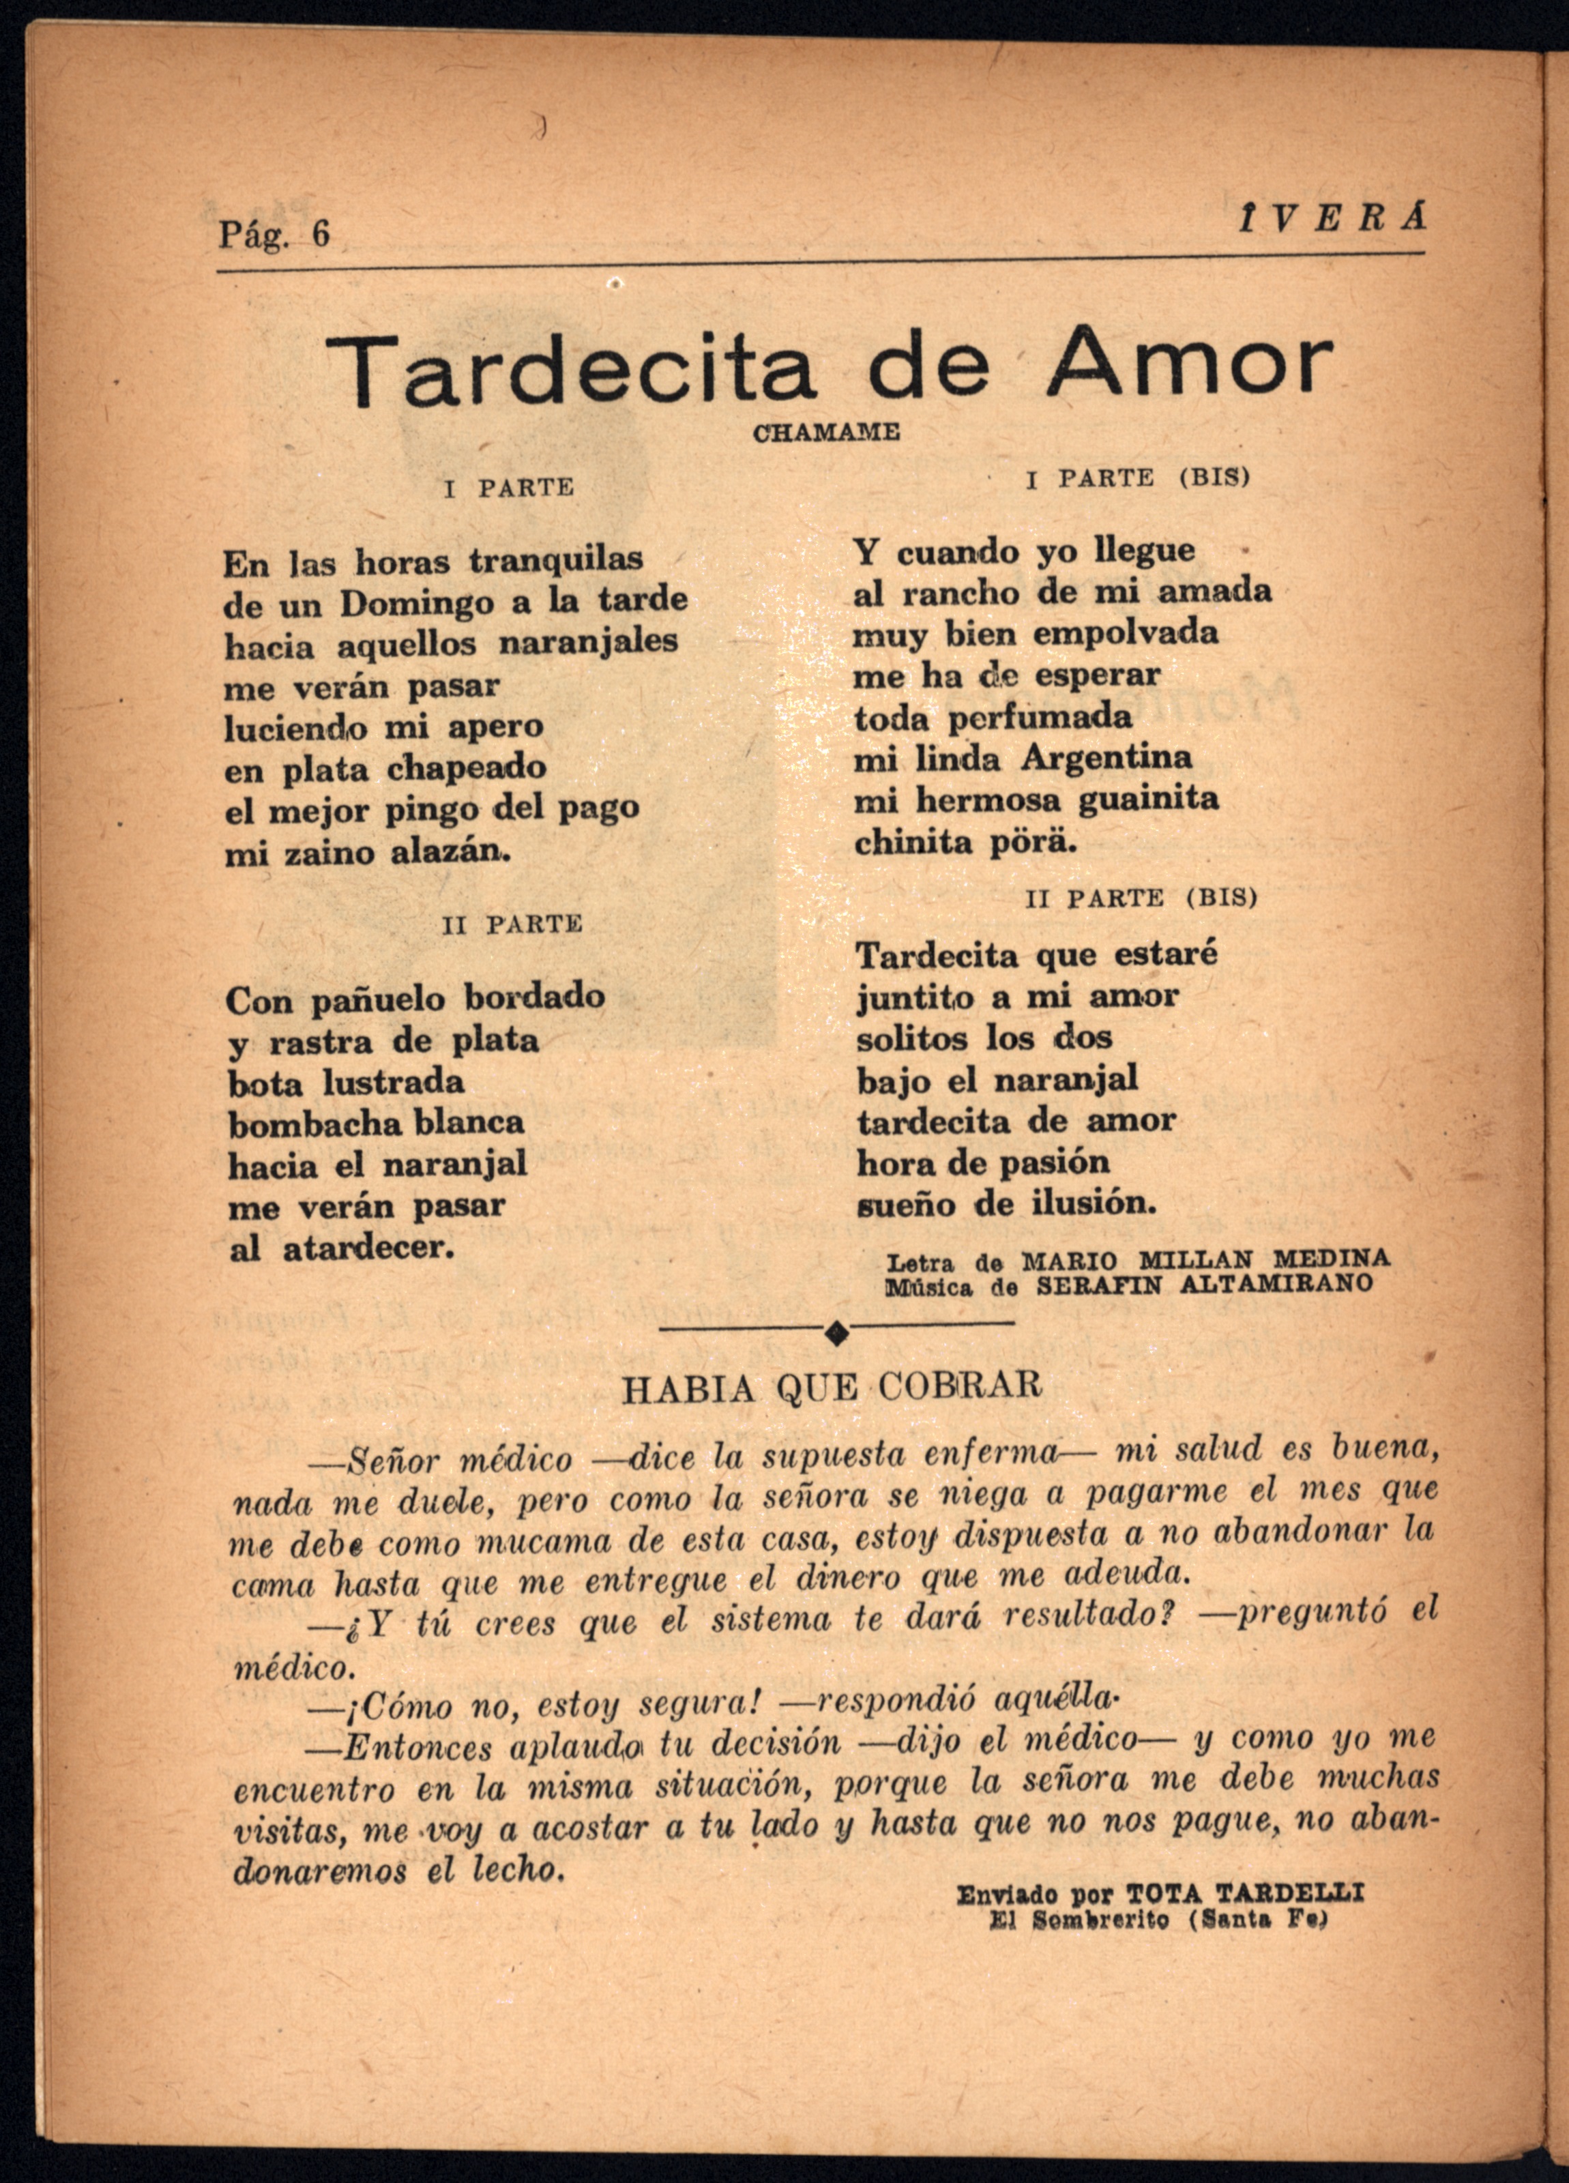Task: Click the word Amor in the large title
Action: point(1190,365)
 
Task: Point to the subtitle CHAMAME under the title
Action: point(826,433)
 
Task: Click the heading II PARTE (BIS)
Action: point(1141,898)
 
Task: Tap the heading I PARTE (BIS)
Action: point(1138,478)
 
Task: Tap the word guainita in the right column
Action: point(1147,799)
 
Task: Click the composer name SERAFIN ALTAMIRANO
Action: point(1204,1285)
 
